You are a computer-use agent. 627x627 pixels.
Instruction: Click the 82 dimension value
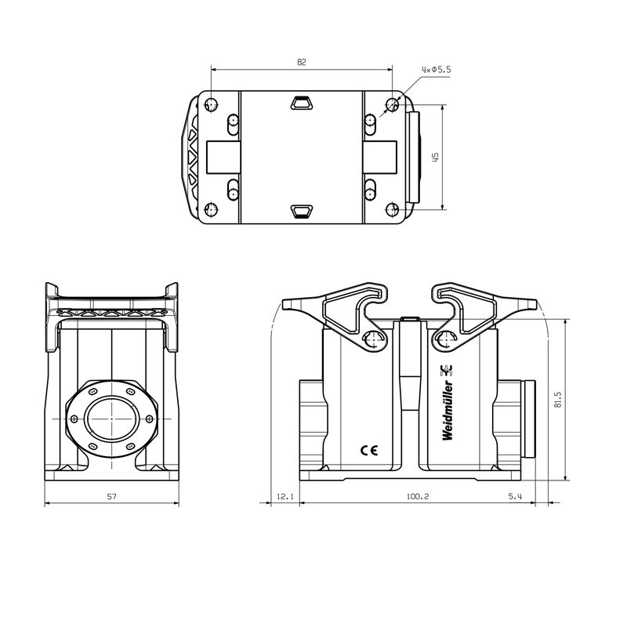coord(302,60)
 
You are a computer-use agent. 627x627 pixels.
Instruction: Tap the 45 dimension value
coord(436,156)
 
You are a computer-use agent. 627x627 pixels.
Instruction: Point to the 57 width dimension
coord(111,496)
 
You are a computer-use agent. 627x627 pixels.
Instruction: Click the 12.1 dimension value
coord(285,496)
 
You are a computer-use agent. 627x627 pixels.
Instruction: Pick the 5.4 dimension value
coord(515,496)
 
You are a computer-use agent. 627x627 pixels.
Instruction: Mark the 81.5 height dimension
coord(557,400)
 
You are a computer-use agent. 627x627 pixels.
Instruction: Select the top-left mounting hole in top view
coord(210,104)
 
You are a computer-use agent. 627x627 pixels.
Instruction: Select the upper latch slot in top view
coord(302,103)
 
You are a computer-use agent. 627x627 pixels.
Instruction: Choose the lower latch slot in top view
coord(302,209)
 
